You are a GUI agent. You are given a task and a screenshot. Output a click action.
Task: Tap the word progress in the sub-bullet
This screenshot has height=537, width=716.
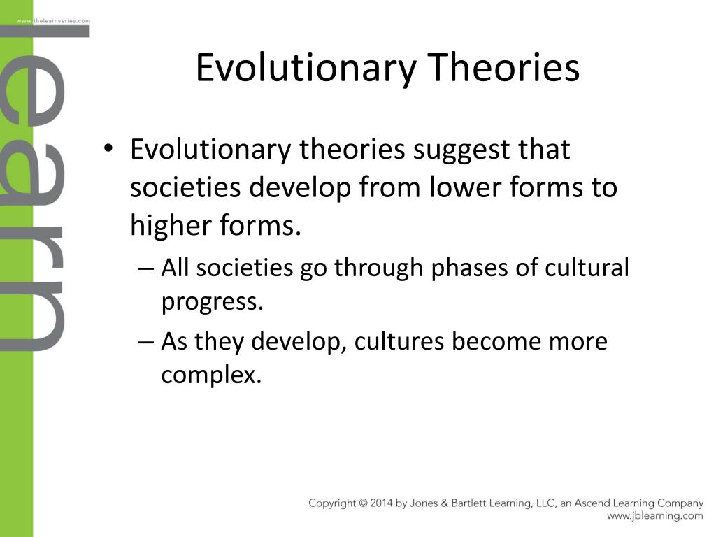[x=210, y=302]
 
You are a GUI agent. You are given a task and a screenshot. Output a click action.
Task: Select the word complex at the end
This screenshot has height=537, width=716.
[x=208, y=376]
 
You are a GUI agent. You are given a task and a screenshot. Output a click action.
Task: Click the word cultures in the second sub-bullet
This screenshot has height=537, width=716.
[x=399, y=341]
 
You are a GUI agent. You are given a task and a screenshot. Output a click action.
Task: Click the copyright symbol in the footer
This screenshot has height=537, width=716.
[x=364, y=503]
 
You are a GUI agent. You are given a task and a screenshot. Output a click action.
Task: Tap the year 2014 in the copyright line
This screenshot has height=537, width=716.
[x=381, y=503]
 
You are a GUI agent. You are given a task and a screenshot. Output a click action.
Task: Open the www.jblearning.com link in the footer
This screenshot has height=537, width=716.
[x=654, y=516]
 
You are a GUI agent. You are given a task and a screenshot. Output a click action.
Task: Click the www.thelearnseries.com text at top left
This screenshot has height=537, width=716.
[x=53, y=21]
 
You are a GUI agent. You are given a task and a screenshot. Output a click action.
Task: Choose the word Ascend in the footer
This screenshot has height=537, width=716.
[x=592, y=503]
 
